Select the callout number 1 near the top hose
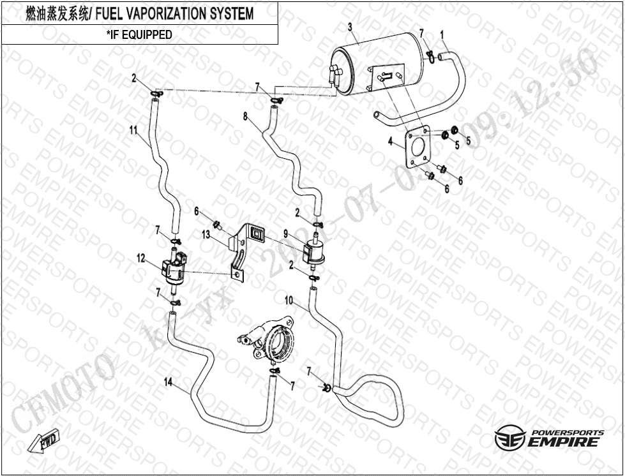[x=442, y=33]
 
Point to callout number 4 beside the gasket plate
[x=391, y=142]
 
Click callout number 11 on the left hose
[x=133, y=130]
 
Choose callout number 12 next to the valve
[x=141, y=258]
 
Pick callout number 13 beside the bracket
[x=206, y=235]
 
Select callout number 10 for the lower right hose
[x=289, y=299]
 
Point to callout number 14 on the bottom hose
[x=169, y=382]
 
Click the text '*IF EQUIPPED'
[x=139, y=34]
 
